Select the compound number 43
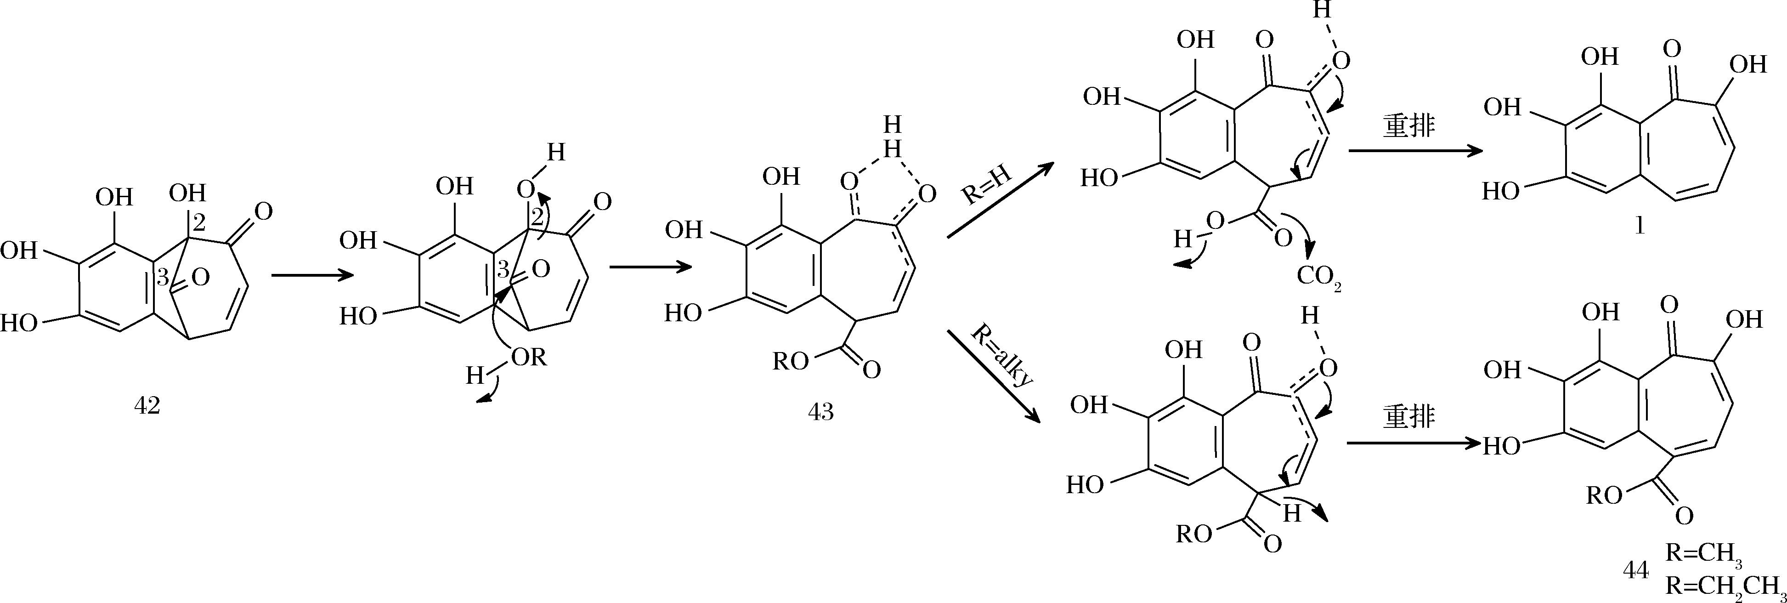coord(820,412)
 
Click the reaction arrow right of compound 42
coord(312,275)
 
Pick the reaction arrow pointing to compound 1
coord(1411,151)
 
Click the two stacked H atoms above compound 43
coord(893,136)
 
